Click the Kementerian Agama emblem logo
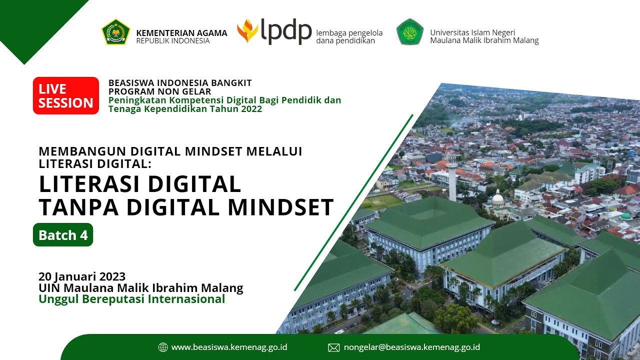coord(116,32)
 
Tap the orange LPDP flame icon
coord(247,31)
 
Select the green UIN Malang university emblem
coord(410,31)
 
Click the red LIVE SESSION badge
coord(66,95)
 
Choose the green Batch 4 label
coord(63,235)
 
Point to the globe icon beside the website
coord(162,347)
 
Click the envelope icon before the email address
coord(333,347)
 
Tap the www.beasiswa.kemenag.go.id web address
coord(229,347)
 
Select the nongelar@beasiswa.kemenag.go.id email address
coord(412,347)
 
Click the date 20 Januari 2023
coord(82,276)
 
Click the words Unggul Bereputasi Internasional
coord(132,299)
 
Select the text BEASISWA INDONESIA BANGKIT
coord(180,82)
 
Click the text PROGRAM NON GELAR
coord(159,91)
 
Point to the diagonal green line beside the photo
coord(353,202)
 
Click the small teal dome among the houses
coord(625,216)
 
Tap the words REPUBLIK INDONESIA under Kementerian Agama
coord(173,41)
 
